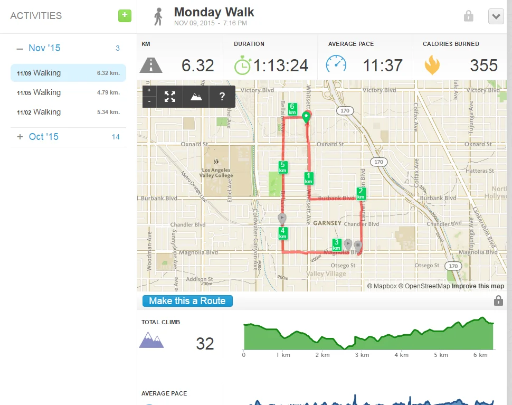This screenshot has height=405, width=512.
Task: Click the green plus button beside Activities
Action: click(124, 15)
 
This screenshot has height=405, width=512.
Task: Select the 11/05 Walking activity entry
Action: click(68, 92)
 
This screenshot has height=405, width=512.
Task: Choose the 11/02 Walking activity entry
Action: click(68, 112)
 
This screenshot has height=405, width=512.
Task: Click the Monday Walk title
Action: click(214, 12)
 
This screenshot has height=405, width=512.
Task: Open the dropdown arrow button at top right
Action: click(496, 16)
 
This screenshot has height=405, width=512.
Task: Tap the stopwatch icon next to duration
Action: click(243, 65)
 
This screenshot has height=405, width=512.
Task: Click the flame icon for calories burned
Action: click(432, 65)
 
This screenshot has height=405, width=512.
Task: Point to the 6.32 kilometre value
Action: click(197, 65)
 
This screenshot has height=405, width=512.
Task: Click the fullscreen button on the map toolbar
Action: click(169, 97)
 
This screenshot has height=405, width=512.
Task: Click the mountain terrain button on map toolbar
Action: click(196, 97)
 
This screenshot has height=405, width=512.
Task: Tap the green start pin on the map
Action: click(306, 117)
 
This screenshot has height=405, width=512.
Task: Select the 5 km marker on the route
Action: click(283, 167)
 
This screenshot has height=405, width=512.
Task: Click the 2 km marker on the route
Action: click(361, 193)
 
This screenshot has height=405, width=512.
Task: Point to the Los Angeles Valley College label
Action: click(216, 173)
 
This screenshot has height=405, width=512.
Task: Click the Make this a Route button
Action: click(187, 301)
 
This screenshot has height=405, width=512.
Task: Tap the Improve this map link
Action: click(478, 286)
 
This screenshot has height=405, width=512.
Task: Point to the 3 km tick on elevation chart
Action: click(362, 355)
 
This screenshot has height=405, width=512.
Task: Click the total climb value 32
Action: click(205, 344)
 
